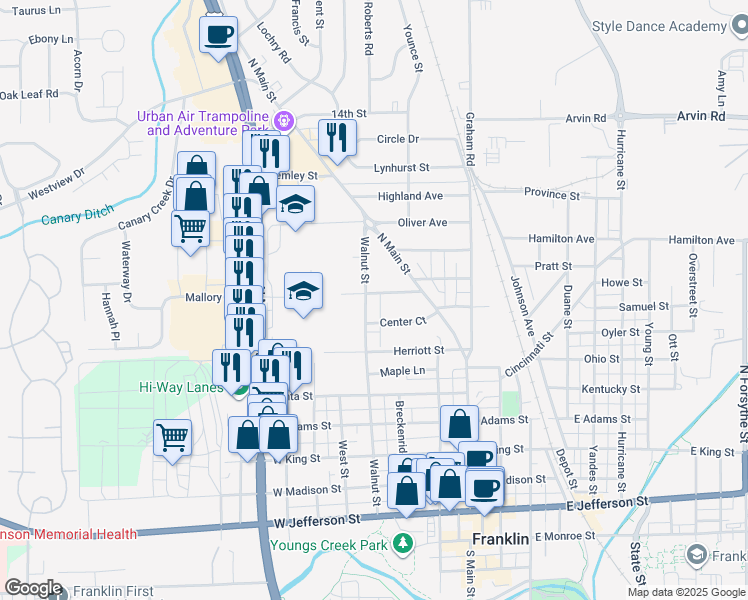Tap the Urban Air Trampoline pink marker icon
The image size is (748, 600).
284,121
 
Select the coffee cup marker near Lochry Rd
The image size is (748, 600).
218,36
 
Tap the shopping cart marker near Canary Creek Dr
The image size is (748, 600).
190,229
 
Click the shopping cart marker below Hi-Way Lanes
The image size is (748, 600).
172,437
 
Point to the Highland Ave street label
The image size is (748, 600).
410,196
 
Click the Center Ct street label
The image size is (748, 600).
403,321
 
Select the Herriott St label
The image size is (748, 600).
418,350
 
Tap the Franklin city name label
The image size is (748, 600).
499,539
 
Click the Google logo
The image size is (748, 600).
33,588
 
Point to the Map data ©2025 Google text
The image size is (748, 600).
685,592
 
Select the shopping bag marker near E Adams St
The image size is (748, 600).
458,423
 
